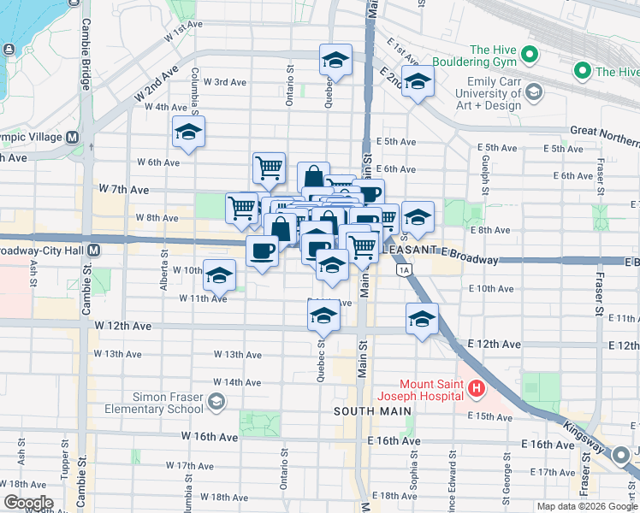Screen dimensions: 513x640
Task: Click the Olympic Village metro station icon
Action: (x=72, y=137)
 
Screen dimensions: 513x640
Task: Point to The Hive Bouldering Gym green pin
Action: (x=530, y=56)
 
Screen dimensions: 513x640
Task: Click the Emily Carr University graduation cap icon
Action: (x=534, y=91)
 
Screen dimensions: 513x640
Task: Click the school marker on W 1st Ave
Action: (x=335, y=60)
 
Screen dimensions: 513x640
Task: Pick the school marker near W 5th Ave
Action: (x=188, y=132)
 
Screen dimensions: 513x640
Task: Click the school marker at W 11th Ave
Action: (x=220, y=275)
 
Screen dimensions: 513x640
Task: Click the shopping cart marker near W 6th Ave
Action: (x=270, y=167)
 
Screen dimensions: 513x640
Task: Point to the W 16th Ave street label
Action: (x=209, y=437)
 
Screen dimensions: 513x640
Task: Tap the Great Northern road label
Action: (x=604, y=131)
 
